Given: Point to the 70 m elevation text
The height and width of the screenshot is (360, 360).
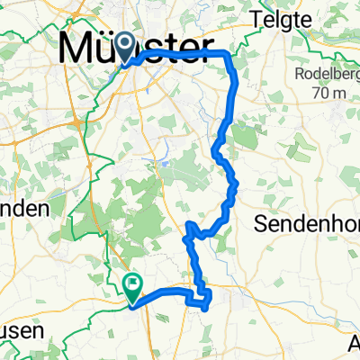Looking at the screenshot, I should (326, 93).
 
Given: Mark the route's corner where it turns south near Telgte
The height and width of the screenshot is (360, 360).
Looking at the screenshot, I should (232, 55).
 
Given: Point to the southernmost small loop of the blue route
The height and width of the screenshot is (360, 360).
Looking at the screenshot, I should (204, 299).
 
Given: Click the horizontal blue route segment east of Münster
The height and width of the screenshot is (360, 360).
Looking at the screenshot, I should (189, 53).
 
